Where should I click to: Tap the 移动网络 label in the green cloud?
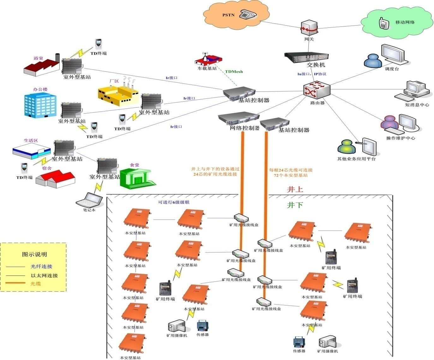(405, 22)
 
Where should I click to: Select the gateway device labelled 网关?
(309, 28)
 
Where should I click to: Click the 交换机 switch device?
(306, 57)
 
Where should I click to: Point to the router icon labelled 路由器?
(317, 90)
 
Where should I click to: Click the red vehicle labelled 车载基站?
(208, 60)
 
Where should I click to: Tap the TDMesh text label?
(234, 72)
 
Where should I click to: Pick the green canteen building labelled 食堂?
(138, 178)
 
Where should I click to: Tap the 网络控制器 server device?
(238, 120)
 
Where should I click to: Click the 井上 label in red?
(295, 189)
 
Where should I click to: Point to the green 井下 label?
(295, 205)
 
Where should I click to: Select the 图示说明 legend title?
(34, 254)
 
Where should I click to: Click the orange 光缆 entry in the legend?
(36, 284)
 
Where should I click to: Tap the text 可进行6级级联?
(174, 202)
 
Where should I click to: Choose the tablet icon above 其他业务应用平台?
(369, 146)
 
